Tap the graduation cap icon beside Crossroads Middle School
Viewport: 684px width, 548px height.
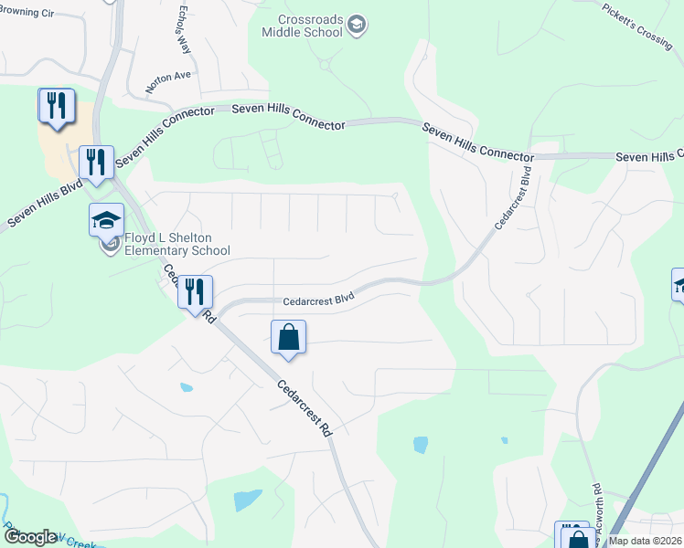point(358,25)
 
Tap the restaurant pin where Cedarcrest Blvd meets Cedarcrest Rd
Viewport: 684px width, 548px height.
point(195,292)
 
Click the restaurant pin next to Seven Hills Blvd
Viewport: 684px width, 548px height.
point(96,163)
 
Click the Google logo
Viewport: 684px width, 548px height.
point(30,537)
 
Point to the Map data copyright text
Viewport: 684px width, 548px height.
point(646,541)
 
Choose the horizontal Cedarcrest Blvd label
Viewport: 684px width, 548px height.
point(317,299)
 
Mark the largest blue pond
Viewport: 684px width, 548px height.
point(247,500)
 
